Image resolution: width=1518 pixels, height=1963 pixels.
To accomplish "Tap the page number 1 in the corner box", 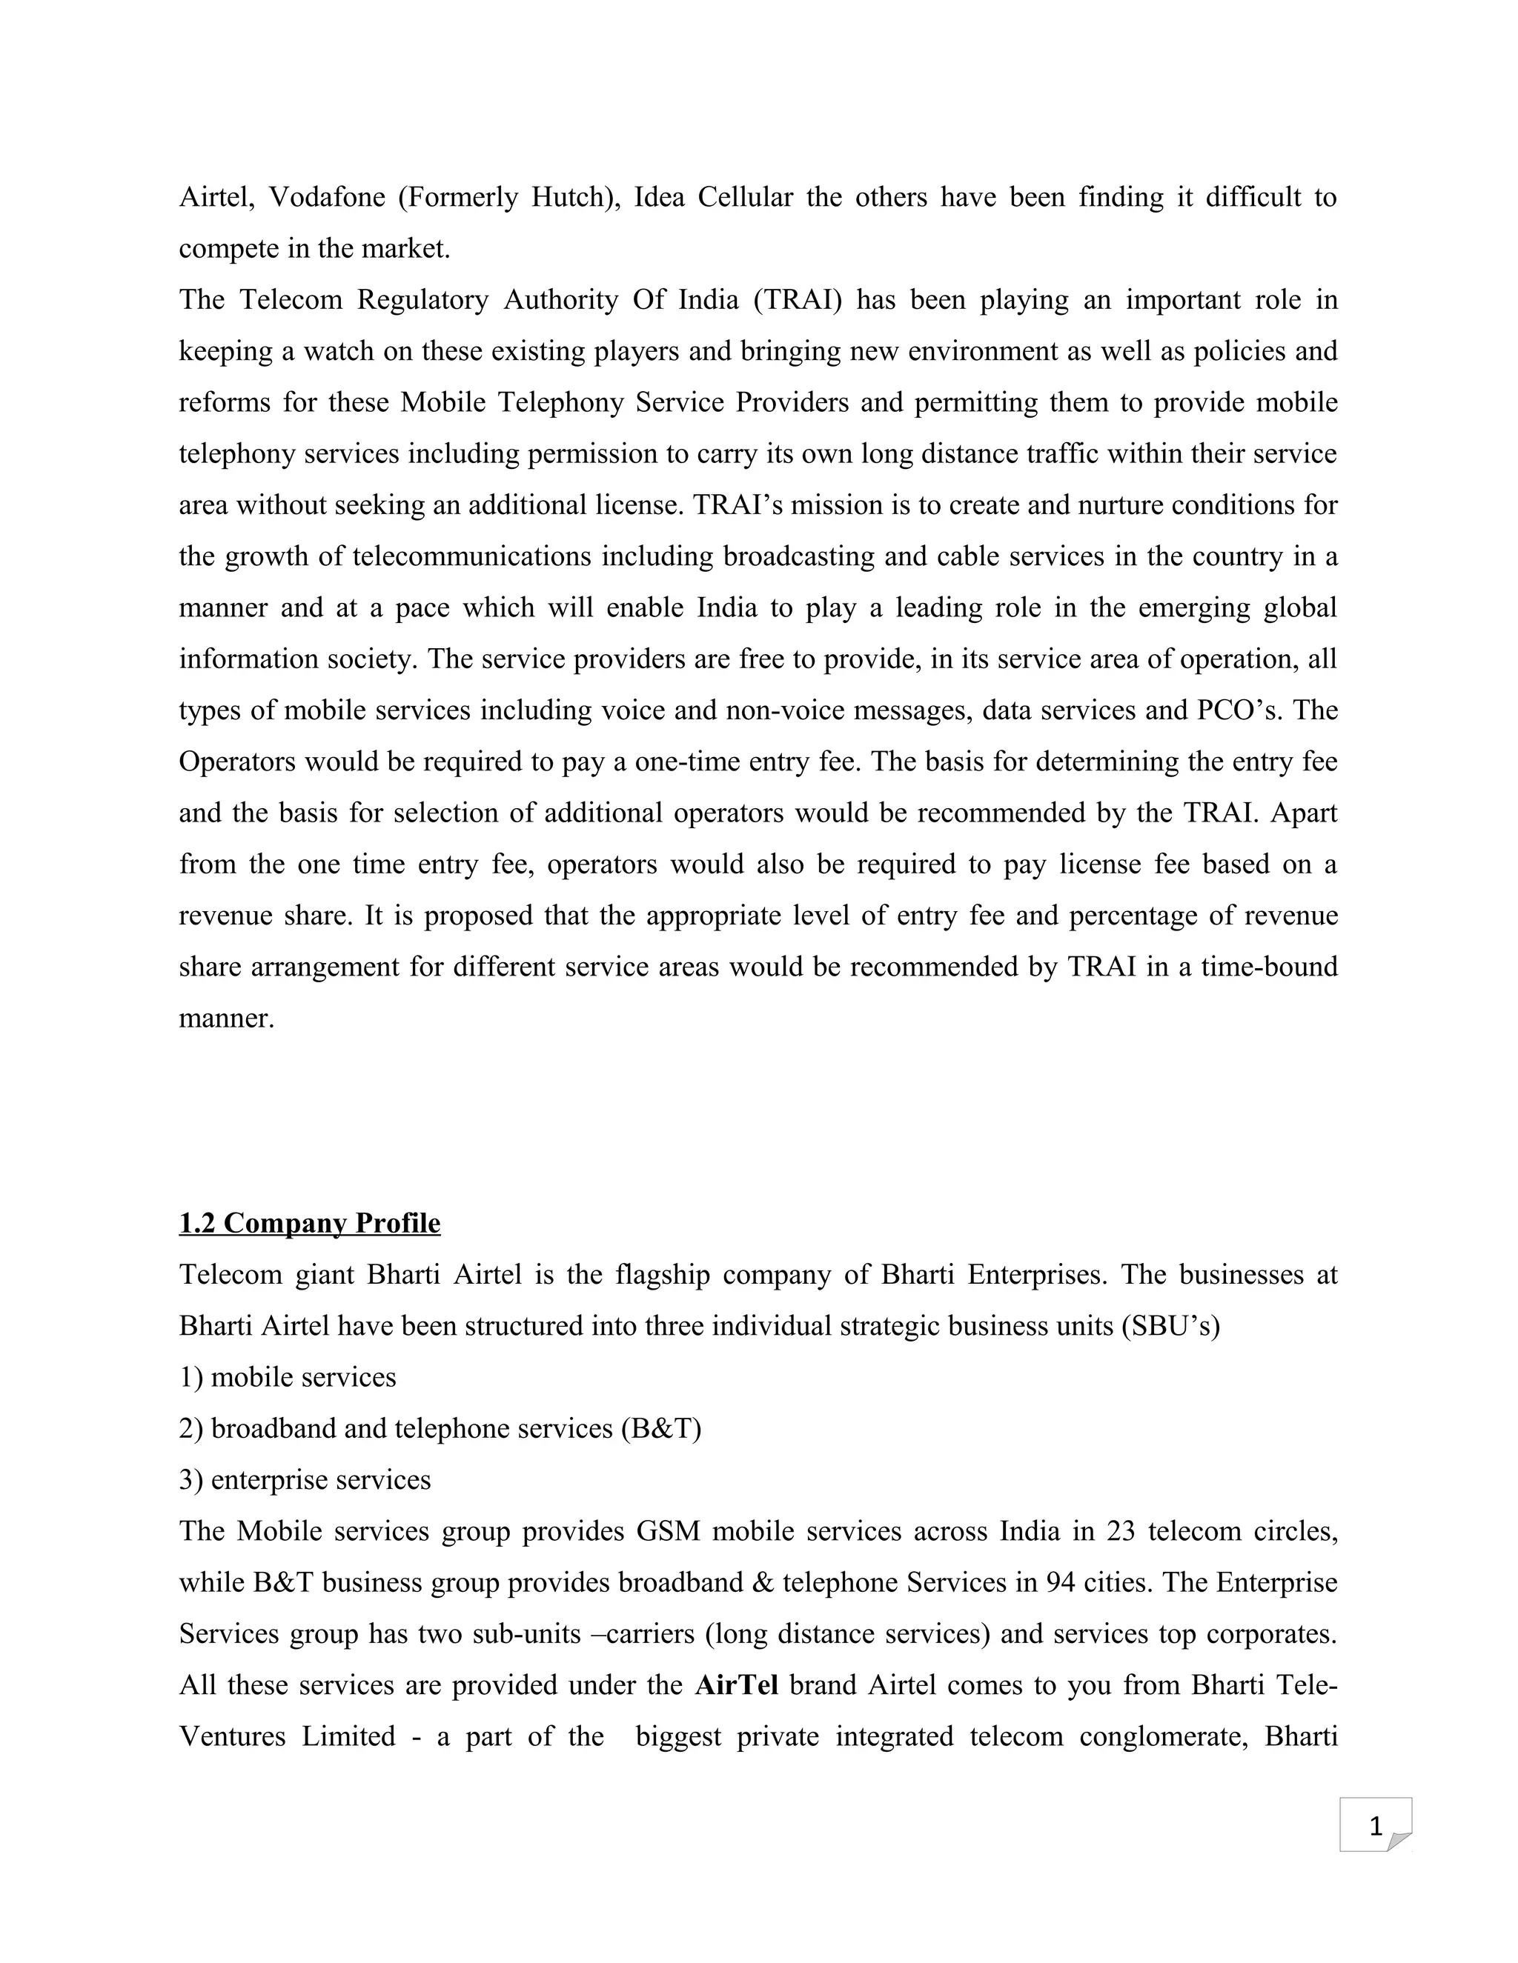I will click(1375, 1827).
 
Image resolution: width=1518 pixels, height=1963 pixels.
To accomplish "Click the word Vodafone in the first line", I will click(328, 197).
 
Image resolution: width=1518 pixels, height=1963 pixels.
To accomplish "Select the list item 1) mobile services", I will click(288, 1378).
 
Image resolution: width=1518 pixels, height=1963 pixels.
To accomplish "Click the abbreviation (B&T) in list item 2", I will click(661, 1429).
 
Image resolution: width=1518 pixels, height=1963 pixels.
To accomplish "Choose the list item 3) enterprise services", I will click(305, 1480).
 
